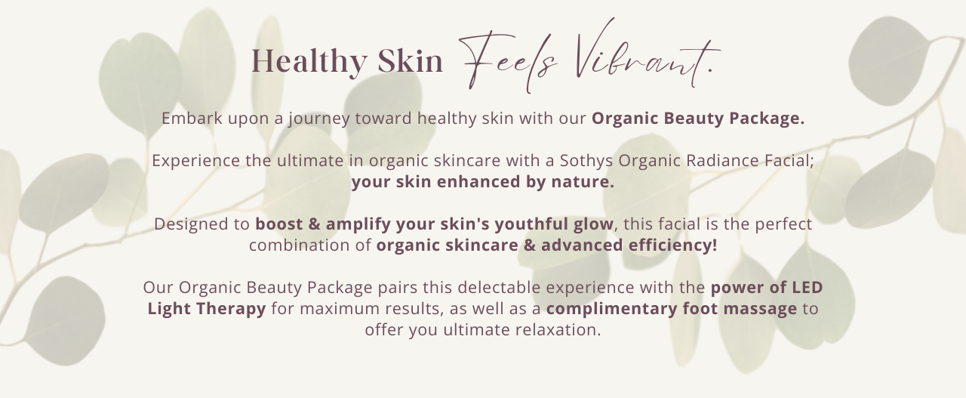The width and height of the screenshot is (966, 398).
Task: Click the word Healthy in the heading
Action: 309,62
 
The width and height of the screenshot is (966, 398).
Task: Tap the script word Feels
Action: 508,60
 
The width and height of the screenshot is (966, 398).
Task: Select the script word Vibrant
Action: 647,54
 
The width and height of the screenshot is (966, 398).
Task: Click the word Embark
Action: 192,118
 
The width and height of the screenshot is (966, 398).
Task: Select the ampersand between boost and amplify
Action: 315,224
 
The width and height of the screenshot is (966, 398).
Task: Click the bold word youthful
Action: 531,224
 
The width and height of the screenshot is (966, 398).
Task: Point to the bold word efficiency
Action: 672,245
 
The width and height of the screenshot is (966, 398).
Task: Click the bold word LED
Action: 808,288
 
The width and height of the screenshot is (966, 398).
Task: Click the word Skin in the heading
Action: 411,62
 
